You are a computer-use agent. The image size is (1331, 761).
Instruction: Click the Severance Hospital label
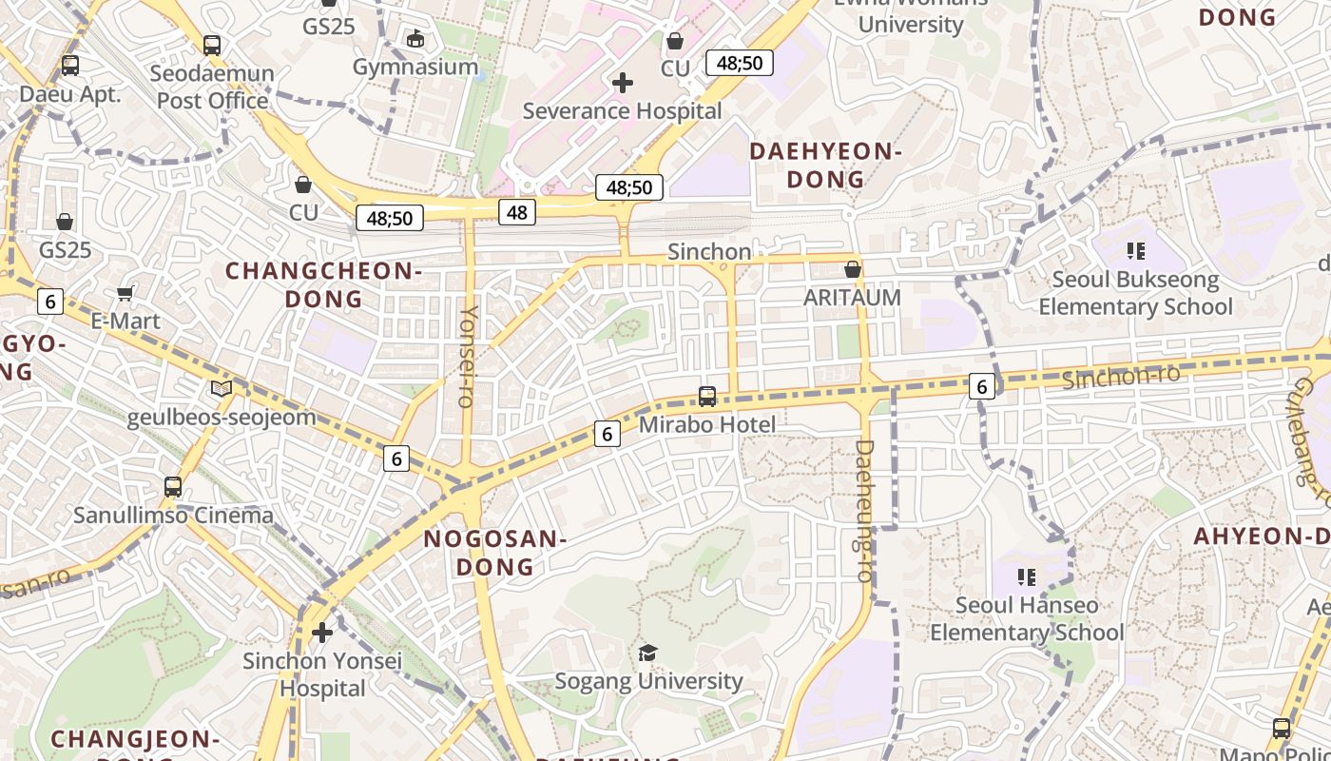(x=623, y=111)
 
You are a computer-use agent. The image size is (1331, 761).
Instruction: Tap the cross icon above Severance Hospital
(x=623, y=83)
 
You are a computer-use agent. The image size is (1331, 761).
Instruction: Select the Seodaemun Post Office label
(x=213, y=87)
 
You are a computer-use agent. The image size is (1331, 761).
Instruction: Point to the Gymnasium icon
(x=415, y=39)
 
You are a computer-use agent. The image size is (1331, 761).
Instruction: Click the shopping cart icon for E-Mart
(x=125, y=294)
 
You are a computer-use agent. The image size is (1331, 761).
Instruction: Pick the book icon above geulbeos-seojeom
(x=222, y=389)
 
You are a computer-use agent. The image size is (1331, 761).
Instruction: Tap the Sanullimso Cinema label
(x=174, y=516)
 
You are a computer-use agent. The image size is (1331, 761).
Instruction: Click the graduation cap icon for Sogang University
(x=647, y=653)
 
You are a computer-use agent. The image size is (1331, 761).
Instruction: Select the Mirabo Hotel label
(x=706, y=424)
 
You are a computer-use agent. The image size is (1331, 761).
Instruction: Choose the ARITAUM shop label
(x=852, y=298)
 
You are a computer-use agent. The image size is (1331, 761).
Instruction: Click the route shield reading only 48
(x=517, y=212)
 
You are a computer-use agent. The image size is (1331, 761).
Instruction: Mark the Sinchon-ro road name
(x=1121, y=377)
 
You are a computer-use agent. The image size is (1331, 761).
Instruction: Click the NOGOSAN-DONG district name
(x=495, y=553)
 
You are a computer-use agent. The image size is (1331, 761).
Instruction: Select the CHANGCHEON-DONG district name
(x=324, y=284)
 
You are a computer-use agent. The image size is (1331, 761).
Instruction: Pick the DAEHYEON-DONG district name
(x=825, y=165)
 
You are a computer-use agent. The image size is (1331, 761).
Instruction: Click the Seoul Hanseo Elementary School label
(x=1027, y=618)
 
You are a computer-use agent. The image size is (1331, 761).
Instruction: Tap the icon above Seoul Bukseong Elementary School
(x=1135, y=251)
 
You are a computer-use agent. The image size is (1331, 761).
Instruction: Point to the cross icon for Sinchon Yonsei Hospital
(x=322, y=632)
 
